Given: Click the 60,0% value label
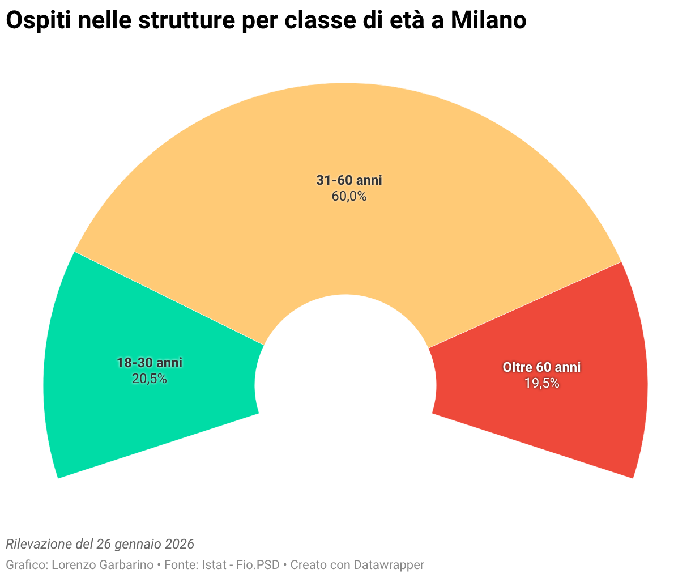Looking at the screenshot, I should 349,197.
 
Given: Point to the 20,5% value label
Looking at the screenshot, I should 149,379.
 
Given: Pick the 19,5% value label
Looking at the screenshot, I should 541,384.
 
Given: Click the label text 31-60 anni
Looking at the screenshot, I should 349,181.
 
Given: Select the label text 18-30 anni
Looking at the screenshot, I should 149,363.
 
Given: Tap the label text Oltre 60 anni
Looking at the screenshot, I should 541,367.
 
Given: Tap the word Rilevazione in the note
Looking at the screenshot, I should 39,544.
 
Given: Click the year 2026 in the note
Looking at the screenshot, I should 180,544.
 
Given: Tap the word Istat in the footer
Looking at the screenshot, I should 215,565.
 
